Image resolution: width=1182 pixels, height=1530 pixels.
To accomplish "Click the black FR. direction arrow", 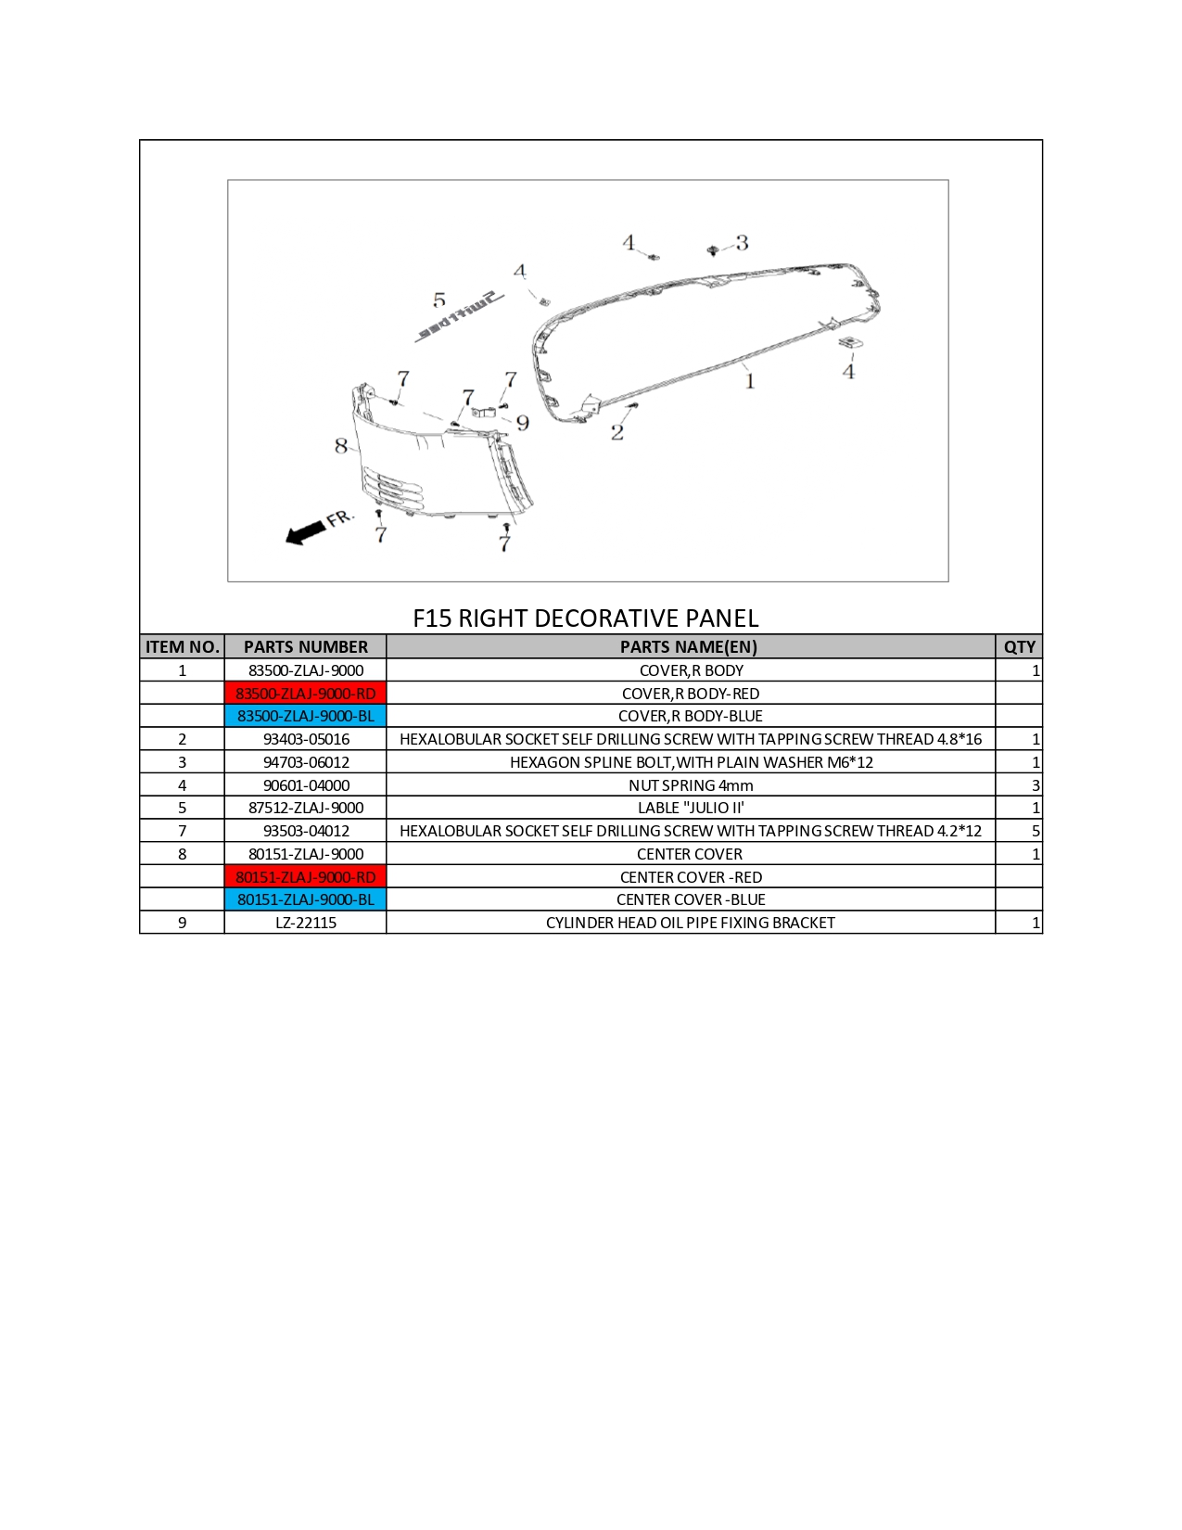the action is pos(306,532).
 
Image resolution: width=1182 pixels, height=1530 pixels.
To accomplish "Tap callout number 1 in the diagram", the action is pos(750,381).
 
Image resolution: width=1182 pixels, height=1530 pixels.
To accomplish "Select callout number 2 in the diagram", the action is pos(617,432).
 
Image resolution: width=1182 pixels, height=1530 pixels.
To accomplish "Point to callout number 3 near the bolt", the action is pos(742,243).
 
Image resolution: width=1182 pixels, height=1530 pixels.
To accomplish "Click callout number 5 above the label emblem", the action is pos(439,300).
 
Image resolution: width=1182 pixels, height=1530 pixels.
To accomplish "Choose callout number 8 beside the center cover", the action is pos(341,446).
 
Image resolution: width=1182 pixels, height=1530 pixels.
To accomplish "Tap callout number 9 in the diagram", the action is pos(522,423).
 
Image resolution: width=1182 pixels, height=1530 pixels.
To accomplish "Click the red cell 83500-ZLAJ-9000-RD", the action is pos(306,694).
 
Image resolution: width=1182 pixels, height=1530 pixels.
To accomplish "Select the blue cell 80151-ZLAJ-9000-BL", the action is pos(306,899).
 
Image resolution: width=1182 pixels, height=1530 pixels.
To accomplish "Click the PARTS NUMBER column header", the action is pos(306,646).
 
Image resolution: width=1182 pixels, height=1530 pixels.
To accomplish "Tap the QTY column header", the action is pos(1020,646).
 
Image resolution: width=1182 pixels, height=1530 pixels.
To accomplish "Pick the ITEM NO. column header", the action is pos(183,646).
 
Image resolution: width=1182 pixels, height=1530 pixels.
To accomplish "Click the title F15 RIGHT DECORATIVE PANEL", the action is pos(586,618).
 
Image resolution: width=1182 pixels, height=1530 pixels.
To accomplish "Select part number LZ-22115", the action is pos(306,923).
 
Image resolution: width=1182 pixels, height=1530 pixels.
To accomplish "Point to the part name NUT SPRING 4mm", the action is pos(691,785).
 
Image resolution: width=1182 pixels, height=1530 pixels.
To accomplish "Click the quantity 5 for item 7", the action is pos(1036,831).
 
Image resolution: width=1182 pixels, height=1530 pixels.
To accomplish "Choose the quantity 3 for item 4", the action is pos(1036,785).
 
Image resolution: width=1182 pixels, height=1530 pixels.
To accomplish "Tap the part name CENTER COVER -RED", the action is pos(691,876).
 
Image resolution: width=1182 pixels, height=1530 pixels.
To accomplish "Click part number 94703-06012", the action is pos(306,762).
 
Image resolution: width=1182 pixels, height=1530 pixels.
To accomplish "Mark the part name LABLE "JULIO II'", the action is pos(691,808).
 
